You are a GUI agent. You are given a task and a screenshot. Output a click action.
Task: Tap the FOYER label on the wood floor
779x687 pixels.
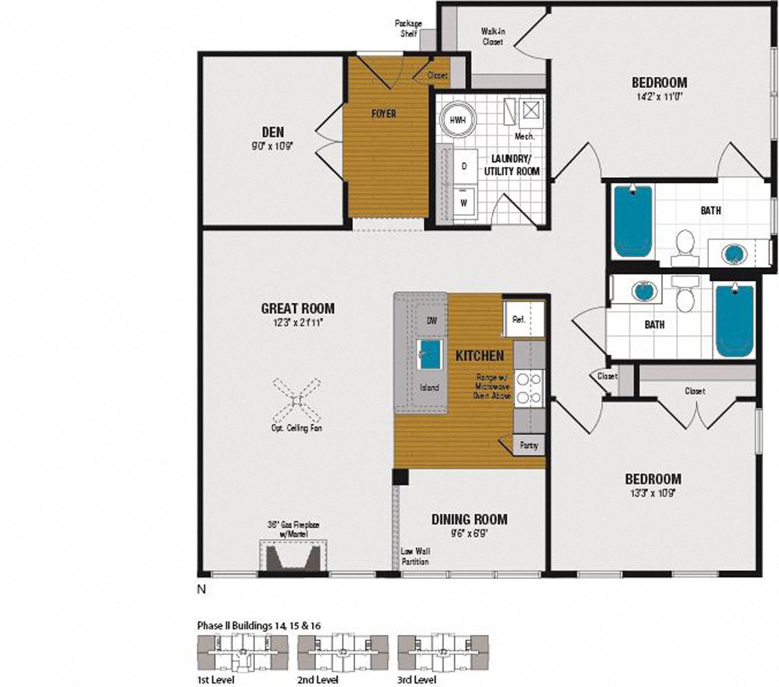coord(383,113)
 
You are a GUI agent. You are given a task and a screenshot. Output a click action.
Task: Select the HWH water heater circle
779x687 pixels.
coord(458,120)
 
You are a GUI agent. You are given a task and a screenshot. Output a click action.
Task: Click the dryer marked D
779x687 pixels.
coord(464,166)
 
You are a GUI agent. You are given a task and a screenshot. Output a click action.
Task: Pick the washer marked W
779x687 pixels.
coord(464,203)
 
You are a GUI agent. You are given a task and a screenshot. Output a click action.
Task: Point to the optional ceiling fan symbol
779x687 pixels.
coord(297,401)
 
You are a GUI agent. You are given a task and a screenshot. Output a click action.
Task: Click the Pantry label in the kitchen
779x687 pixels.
coord(529,445)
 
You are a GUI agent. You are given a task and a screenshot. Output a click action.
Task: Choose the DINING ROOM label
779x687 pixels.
coord(469,519)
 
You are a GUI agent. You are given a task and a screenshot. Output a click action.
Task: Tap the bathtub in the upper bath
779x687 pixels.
coord(632,221)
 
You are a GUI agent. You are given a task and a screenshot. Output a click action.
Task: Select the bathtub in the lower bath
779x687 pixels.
coord(734,320)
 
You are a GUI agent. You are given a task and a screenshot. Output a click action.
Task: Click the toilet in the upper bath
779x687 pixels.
coord(684,248)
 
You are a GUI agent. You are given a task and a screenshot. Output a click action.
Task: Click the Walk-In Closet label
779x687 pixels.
coord(492,36)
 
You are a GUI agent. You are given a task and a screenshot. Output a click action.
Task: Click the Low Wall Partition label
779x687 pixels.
coord(416,556)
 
